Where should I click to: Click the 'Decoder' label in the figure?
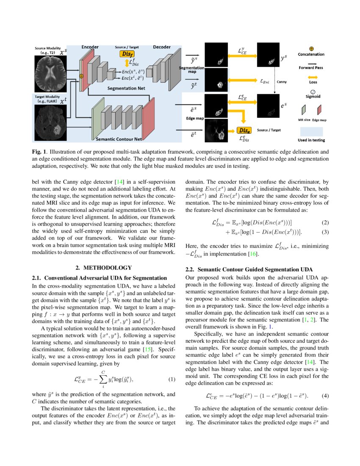[161, 47]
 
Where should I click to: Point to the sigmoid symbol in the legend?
[312, 91]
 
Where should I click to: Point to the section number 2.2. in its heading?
[191, 269]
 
